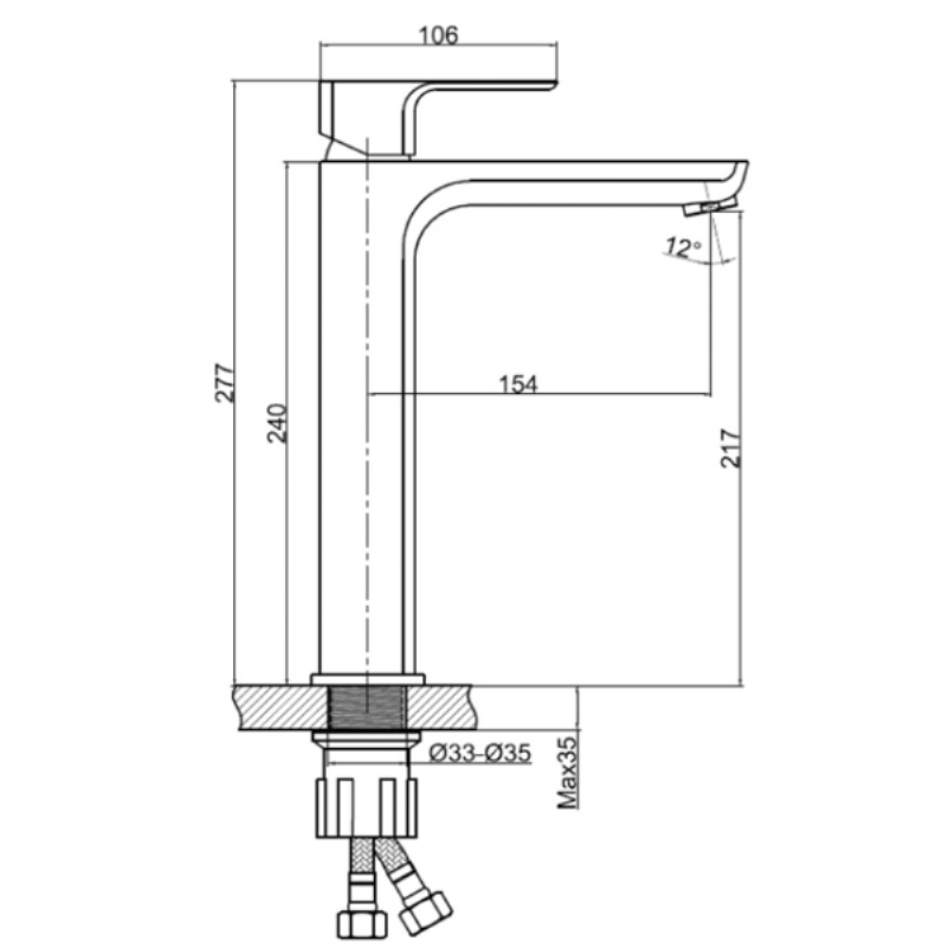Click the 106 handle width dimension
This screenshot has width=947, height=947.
[x=438, y=35]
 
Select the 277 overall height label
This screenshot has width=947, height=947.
[x=224, y=383]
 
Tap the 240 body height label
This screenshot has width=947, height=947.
[x=277, y=422]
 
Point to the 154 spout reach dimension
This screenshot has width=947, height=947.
[x=518, y=384]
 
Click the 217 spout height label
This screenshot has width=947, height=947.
[x=730, y=448]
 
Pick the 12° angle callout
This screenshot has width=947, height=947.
[x=684, y=247]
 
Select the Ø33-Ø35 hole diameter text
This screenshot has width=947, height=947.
[x=480, y=753]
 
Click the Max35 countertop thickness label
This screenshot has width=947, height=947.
[x=567, y=773]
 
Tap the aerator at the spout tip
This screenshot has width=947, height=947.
[x=710, y=206]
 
